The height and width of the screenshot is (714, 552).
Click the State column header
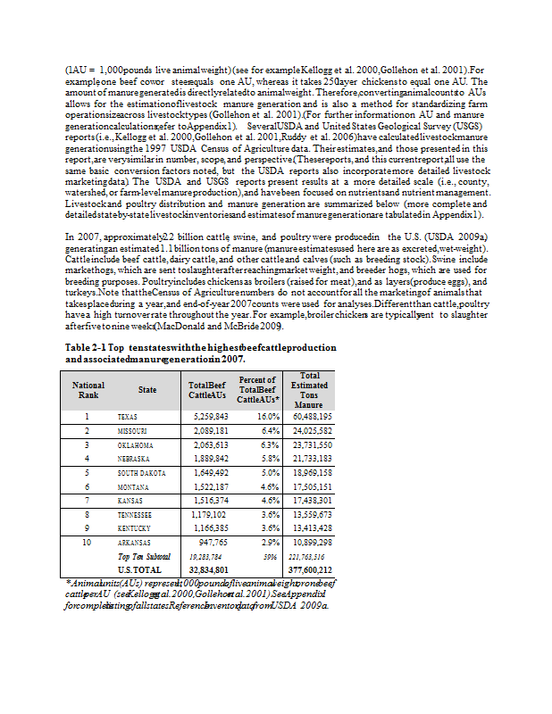click(147, 390)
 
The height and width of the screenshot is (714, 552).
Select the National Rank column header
click(88, 390)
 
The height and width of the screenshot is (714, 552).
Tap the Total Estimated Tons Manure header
click(310, 390)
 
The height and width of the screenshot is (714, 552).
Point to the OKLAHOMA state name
click(136, 444)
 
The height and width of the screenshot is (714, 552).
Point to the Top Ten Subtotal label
click(143, 556)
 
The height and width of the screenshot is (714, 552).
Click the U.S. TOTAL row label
click(140, 569)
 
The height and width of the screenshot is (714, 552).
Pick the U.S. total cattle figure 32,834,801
click(208, 569)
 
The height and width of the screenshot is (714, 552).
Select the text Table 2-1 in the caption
click(88, 346)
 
